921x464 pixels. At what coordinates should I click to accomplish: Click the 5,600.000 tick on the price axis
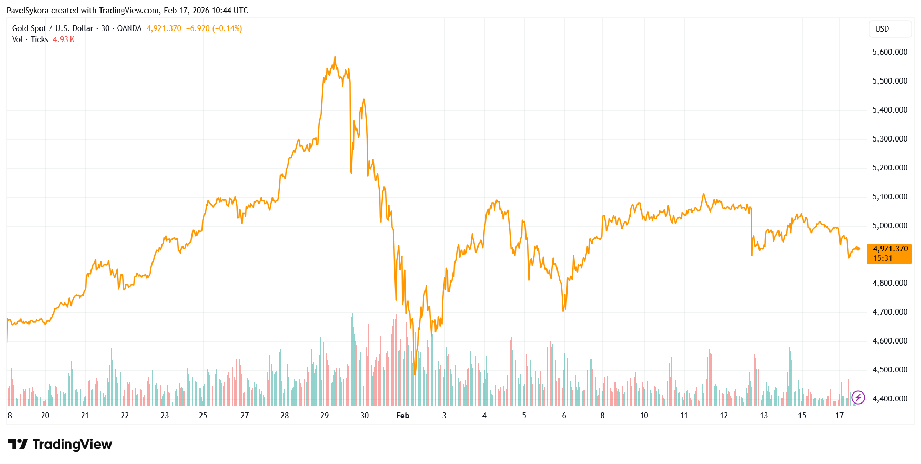(x=889, y=52)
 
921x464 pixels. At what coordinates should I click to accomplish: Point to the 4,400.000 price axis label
(x=889, y=399)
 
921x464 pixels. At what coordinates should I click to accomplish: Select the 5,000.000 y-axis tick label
(x=889, y=226)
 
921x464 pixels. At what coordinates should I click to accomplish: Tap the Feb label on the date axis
(x=402, y=416)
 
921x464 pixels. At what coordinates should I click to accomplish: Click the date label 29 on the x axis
(x=325, y=416)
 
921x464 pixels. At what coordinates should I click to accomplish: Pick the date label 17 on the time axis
(x=839, y=416)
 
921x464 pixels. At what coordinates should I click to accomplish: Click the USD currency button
(x=882, y=29)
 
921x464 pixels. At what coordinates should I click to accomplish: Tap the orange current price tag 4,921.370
(x=890, y=249)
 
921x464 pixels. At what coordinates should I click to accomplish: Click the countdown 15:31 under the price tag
(x=883, y=258)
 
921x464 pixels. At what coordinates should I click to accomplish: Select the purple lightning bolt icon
(x=858, y=397)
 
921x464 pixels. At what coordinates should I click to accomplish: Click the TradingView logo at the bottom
(x=60, y=445)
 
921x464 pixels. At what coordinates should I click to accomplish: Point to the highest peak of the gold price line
(x=335, y=57)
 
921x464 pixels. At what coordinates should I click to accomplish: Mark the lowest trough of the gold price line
(x=415, y=374)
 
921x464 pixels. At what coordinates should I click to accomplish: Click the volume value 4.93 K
(x=64, y=39)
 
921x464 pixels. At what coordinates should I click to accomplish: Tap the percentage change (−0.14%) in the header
(x=227, y=28)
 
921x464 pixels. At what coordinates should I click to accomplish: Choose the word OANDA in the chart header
(x=129, y=28)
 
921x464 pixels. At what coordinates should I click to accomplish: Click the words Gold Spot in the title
(x=29, y=28)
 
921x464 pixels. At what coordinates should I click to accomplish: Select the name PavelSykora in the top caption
(x=27, y=11)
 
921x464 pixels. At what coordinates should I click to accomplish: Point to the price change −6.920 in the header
(x=198, y=28)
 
